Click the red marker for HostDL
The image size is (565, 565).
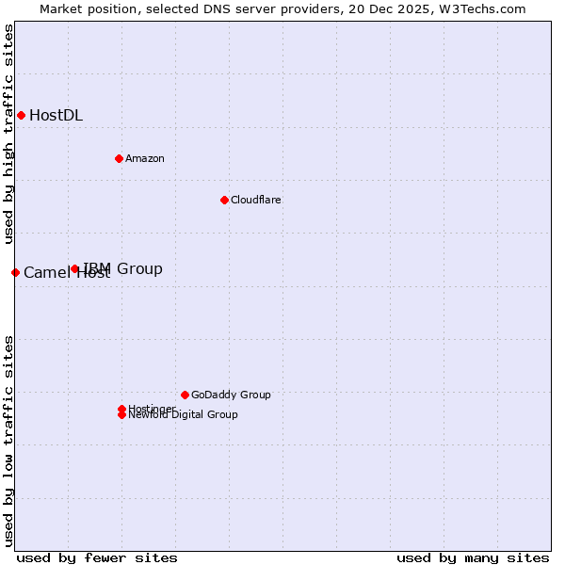(x=21, y=115)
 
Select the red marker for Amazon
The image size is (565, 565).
(x=119, y=158)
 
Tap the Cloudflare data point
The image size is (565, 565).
(x=224, y=200)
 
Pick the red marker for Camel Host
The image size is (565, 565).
(x=15, y=272)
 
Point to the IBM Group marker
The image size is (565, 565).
(x=74, y=268)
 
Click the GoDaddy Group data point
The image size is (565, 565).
(x=185, y=395)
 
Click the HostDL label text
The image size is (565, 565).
(x=56, y=116)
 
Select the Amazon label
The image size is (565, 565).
(x=145, y=158)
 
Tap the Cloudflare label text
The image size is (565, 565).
(x=256, y=200)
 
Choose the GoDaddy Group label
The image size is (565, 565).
(x=231, y=395)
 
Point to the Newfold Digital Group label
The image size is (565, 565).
(x=183, y=415)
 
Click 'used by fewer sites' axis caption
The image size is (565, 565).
(x=97, y=557)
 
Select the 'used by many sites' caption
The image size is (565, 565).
(x=473, y=557)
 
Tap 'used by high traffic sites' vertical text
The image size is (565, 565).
(x=9, y=135)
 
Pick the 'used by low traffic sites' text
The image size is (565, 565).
(x=9, y=440)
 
